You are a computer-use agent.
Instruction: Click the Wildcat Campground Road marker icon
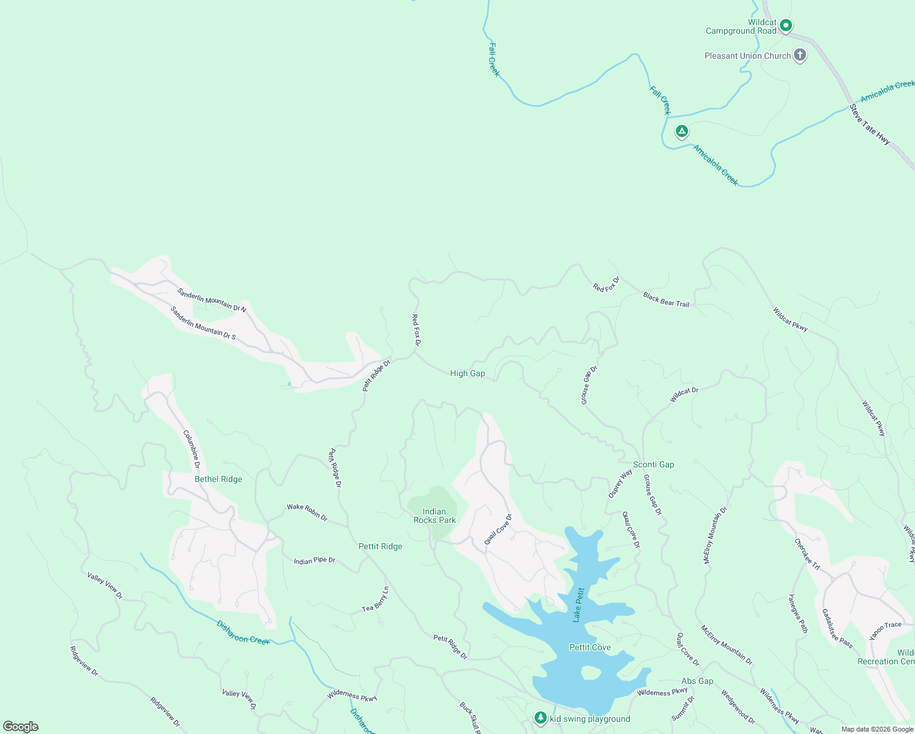(x=787, y=26)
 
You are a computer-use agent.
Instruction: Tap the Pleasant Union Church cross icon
(x=799, y=56)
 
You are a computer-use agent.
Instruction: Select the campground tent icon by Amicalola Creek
(x=681, y=132)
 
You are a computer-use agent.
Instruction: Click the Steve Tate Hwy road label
(x=870, y=124)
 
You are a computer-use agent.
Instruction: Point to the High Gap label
(x=467, y=373)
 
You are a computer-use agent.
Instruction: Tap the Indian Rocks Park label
(x=434, y=516)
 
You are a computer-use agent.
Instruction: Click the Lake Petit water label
(x=578, y=605)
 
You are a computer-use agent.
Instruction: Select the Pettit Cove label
(x=590, y=647)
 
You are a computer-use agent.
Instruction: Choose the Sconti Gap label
(x=653, y=464)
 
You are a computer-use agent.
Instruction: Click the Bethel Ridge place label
(x=218, y=479)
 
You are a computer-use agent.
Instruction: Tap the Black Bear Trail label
(x=666, y=299)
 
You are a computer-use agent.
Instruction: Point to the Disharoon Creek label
(x=243, y=632)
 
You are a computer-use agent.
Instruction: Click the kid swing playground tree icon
(x=540, y=718)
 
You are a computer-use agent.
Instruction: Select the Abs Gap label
(x=697, y=681)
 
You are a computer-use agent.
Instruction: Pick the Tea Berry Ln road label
(x=376, y=599)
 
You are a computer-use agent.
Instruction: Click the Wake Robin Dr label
(x=307, y=512)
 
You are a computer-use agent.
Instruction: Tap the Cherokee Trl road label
(x=807, y=554)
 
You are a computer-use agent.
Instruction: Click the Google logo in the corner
(x=21, y=726)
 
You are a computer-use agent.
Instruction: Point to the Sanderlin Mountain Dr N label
(x=212, y=300)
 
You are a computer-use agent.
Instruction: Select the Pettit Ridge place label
(x=380, y=546)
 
